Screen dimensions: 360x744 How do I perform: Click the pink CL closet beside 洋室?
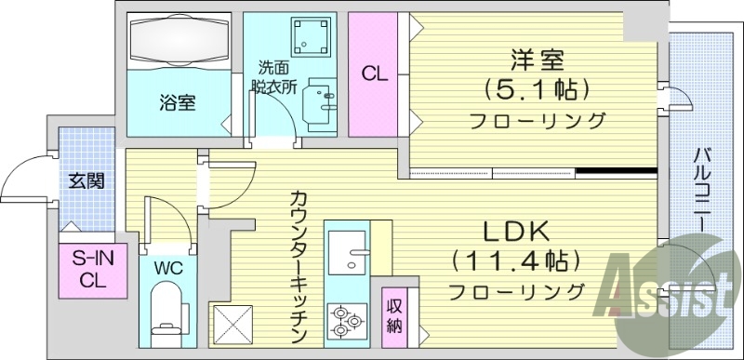[374, 72]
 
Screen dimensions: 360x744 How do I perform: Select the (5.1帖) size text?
[538, 90]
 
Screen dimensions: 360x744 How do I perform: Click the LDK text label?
[514, 232]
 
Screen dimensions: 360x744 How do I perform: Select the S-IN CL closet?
[90, 271]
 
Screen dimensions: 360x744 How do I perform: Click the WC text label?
[168, 268]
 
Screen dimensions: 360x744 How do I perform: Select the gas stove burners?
[346, 319]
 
